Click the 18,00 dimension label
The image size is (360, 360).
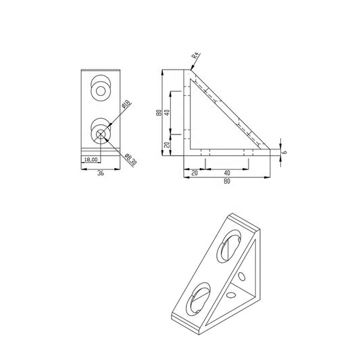click(x=90, y=159)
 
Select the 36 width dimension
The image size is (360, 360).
click(x=101, y=173)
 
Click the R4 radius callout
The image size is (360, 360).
click(x=196, y=59)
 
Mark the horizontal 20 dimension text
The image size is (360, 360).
click(x=195, y=174)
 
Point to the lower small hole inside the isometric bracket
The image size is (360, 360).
click(x=231, y=295)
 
